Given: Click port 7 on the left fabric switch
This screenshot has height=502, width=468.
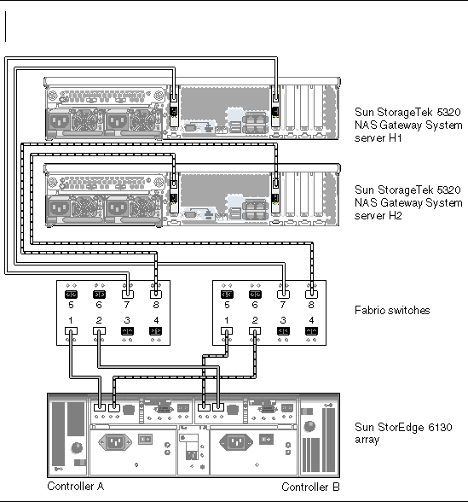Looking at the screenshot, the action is pos(128,295).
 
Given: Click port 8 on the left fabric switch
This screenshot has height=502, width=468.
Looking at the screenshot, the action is pos(156,295).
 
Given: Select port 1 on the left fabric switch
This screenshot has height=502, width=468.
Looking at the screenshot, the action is pos(71,330).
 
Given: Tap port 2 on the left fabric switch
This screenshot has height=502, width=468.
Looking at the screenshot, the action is pos(99,330).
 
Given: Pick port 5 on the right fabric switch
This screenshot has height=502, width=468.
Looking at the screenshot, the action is pos(227,295).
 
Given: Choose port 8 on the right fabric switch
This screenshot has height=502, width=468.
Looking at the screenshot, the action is pos(312,295).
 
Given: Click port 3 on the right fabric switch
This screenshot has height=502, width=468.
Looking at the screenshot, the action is pos(283,330).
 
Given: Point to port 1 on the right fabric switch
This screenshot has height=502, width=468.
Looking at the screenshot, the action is pos(227,330).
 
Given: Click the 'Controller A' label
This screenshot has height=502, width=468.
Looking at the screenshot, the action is pos(75,487).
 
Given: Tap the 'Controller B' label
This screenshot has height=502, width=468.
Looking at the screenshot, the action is pos(310,487).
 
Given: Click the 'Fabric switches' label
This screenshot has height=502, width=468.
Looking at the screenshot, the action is pos(392,310).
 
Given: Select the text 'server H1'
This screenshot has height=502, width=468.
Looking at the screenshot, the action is pos(378,138).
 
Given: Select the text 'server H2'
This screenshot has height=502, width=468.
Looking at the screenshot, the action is pos(378,216).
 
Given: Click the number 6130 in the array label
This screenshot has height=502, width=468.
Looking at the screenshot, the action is pos(440,428).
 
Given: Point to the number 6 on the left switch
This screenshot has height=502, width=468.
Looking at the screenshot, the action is pos(99,305).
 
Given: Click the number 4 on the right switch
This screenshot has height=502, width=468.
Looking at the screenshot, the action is pos(312,320).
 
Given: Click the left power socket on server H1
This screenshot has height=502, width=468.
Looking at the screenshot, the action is pos(60,121).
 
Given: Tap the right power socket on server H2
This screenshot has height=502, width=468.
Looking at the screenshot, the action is pos(118,208).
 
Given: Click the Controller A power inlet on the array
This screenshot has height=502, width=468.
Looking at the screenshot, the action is pos(115,442).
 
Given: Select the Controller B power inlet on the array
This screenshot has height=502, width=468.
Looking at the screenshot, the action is pos(236,442).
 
